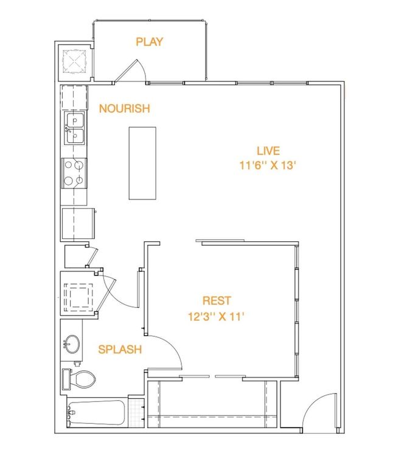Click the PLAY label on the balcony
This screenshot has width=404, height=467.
tap(149, 42)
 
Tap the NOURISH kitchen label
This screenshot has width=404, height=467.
tap(124, 109)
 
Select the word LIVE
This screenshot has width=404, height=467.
tap(268, 151)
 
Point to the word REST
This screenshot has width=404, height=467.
tap(217, 301)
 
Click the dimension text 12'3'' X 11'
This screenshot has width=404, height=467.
tap(216, 316)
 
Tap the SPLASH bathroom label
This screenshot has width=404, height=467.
tap(120, 350)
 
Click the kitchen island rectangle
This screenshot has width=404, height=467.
tap(142, 163)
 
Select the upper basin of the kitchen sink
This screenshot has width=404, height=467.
tap(75, 120)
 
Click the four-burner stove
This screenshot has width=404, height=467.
tap(74, 172)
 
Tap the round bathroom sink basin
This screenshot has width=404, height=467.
tap(72, 345)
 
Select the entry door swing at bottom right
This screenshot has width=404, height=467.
tap(321, 412)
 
